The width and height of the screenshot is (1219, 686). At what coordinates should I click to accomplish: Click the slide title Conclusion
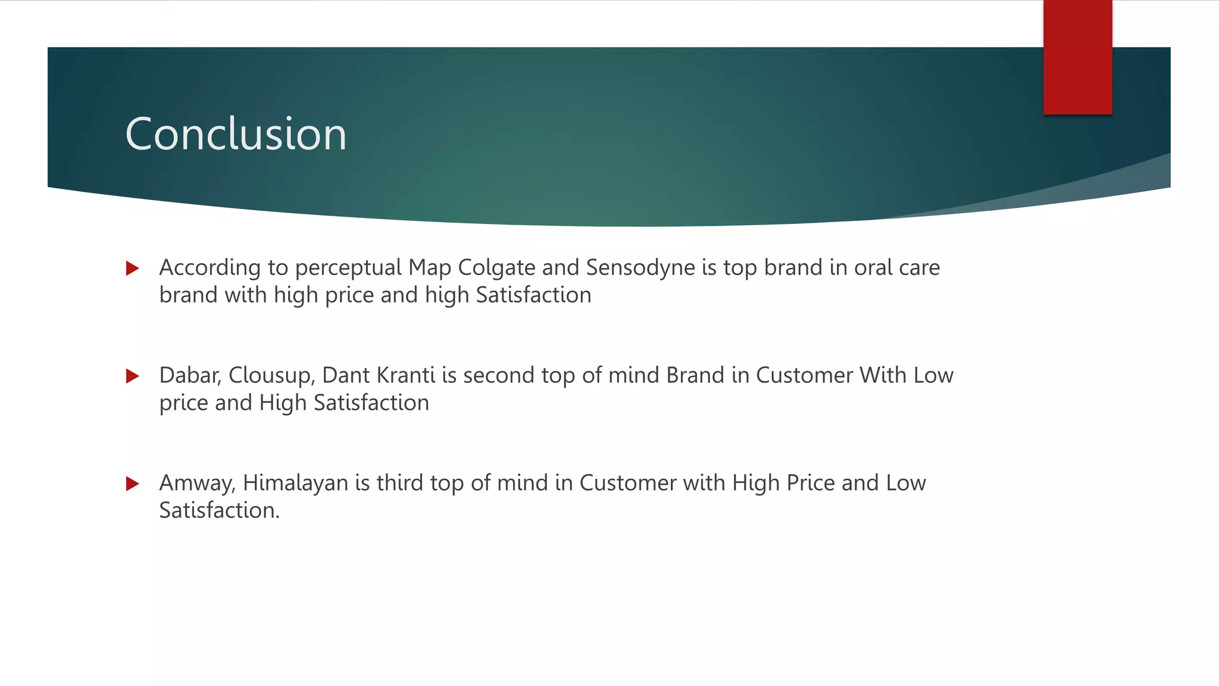coord(236,134)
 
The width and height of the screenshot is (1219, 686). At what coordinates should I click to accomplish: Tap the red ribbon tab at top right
coord(1077,57)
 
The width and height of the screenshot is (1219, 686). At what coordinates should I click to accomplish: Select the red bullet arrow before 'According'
coord(133,269)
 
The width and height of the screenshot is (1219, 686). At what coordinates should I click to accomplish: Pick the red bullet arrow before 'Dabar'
coord(133,376)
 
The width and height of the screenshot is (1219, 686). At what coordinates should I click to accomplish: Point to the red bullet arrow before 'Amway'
coord(133,484)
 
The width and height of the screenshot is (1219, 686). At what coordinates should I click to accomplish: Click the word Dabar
coord(190,376)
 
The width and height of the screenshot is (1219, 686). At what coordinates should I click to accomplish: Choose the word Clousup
coord(271,376)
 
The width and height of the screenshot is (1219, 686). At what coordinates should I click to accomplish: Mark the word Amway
coord(198,483)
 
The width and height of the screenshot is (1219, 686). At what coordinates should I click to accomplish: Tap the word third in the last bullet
coord(400,483)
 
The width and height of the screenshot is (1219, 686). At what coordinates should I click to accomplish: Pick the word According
coord(210,268)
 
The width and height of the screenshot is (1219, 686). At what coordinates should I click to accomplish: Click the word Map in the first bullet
coord(430,268)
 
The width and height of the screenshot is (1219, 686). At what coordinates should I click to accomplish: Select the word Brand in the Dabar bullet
coord(695,376)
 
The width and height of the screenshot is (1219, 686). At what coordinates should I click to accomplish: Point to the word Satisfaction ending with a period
coord(219,510)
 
